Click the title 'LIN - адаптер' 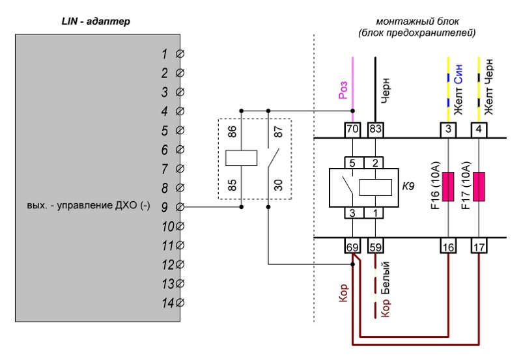[96, 21]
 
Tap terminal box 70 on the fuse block [352, 130]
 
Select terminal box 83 [376, 130]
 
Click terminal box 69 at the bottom [352, 246]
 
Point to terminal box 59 [376, 246]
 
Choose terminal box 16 [448, 246]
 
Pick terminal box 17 [479, 246]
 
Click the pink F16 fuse [448, 186]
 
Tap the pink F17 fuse [479, 186]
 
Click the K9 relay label [408, 186]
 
